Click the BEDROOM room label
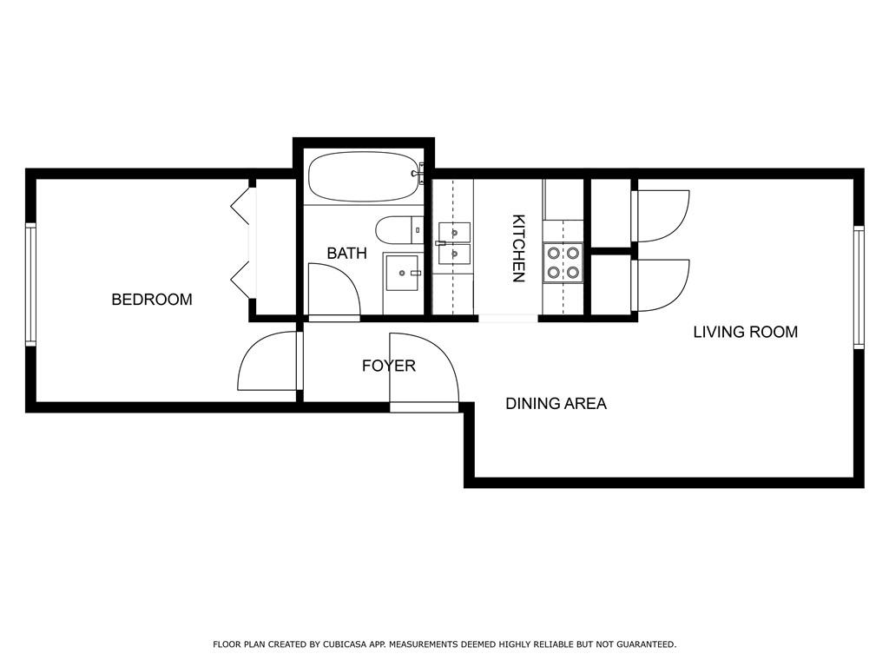pos(152,300)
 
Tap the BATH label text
pos(347,253)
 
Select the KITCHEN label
pos(518,248)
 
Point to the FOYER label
pos(389,366)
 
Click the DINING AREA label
pos(556,403)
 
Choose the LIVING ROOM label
pos(746,332)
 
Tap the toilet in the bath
pos(399,230)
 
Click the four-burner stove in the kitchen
pos(563,262)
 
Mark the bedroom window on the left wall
pos(30,285)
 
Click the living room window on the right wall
pos(859,287)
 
